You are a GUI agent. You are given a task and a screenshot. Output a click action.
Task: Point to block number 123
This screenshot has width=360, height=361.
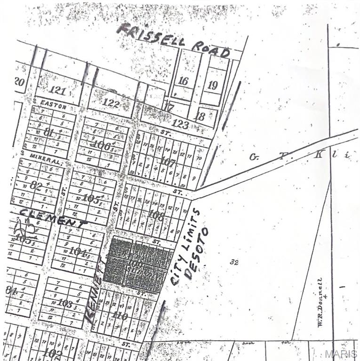point(180,125)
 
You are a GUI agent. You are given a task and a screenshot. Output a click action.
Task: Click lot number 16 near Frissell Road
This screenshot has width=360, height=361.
point(183,81)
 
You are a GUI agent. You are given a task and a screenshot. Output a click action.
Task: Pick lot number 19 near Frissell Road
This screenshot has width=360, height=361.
point(213,85)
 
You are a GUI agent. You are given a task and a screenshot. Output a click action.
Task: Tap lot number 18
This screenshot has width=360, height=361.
point(200,116)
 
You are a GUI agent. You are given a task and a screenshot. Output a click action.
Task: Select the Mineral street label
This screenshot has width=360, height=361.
point(45,158)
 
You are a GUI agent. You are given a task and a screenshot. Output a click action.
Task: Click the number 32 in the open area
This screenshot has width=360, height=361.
point(234,262)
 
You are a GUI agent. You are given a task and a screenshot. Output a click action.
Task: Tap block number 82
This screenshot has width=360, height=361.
point(36,185)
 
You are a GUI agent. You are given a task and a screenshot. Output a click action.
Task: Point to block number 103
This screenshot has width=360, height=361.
point(64,303)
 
